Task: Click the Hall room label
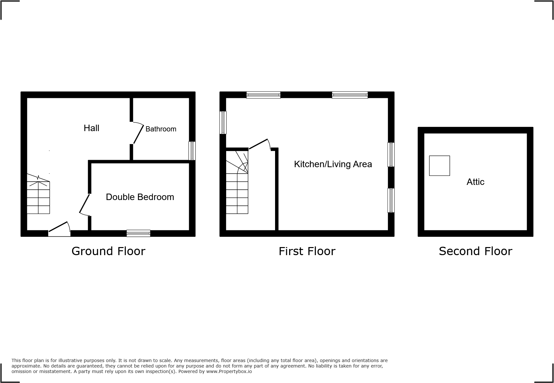coord(91,128)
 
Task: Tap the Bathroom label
coord(161,129)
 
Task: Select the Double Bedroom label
coord(140,197)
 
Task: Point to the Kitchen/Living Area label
coord(333,164)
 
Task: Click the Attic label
coord(475,182)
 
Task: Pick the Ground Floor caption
coord(108,251)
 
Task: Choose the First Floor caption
coord(307,251)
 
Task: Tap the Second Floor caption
coord(475,251)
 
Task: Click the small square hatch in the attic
coord(439,166)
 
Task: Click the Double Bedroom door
coord(85,204)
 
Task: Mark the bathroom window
coord(192,151)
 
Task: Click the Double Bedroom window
coord(138,233)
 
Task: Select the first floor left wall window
coord(223,122)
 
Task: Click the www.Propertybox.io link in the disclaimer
coord(229,371)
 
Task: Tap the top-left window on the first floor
coord(263,95)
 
